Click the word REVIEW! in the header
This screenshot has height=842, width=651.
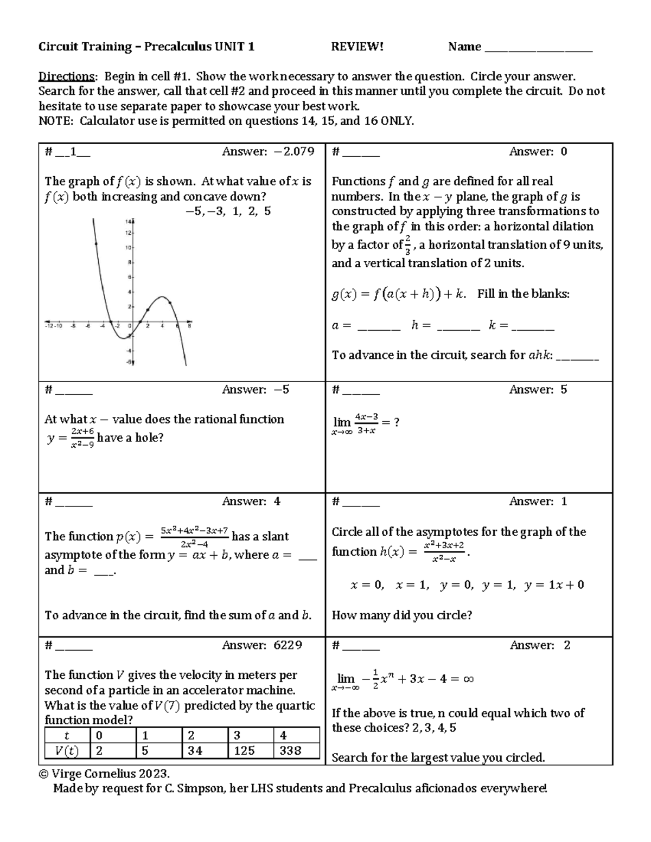357,47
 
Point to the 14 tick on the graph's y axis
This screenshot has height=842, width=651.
129,222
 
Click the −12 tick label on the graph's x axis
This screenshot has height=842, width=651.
49,326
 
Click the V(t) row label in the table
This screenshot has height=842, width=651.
67,751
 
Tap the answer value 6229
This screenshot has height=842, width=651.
288,645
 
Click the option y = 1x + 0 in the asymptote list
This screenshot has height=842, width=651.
554,585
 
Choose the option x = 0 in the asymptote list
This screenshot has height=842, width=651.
367,585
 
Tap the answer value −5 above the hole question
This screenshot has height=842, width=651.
282,390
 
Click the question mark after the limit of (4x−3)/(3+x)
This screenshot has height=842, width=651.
397,422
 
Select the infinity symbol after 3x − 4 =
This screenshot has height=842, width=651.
469,679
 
